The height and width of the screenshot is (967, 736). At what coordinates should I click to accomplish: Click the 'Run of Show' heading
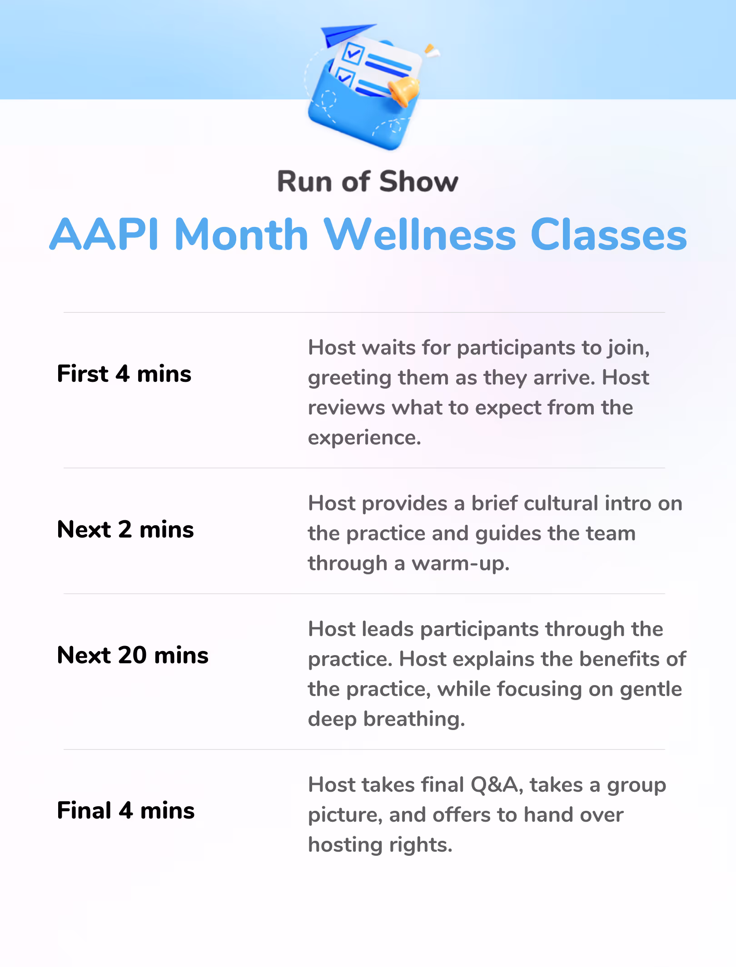(368, 182)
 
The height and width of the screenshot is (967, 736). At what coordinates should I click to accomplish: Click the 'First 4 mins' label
(124, 374)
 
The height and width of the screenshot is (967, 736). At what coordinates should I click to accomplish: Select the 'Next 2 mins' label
(125, 529)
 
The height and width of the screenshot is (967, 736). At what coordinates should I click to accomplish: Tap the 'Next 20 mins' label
(133, 655)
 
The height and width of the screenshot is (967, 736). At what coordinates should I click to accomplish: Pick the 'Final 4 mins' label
(126, 810)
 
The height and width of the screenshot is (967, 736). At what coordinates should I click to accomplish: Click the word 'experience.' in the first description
(365, 438)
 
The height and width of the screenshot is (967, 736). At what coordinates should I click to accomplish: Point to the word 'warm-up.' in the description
(461, 564)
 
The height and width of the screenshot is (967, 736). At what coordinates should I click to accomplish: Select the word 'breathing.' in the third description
(414, 720)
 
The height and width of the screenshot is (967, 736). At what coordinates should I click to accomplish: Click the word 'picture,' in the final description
(345, 815)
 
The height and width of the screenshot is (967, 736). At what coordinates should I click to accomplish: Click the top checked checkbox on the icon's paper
(353, 53)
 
